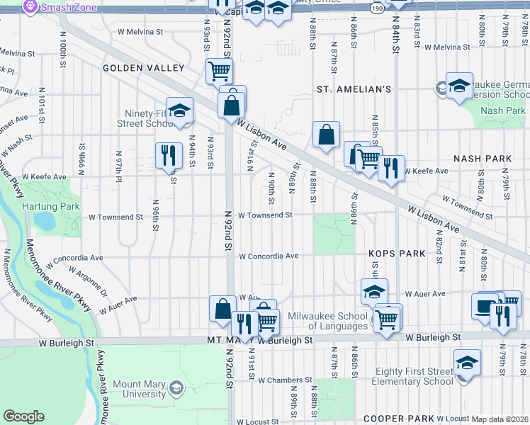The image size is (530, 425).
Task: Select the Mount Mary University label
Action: [139, 389]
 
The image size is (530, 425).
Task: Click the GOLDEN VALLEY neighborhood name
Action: [143, 68]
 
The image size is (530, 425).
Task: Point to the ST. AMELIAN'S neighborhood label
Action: [354, 90]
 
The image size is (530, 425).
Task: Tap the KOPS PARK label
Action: [396, 253]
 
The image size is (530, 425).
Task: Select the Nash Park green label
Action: [502, 110]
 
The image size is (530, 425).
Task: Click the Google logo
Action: [23, 416]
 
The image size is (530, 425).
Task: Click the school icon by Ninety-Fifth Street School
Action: [180, 110]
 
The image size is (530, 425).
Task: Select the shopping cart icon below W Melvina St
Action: [219, 70]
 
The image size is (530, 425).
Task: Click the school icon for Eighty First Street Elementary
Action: [466, 363]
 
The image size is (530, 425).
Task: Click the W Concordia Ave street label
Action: [268, 256]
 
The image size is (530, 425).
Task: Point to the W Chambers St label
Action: [281, 380]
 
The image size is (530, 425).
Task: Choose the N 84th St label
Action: [396, 42]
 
